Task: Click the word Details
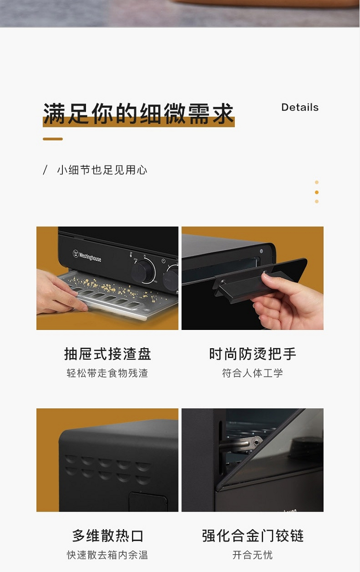point(300,107)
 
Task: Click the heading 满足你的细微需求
point(139,113)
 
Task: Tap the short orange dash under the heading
point(53,139)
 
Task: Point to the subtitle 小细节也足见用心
point(102,170)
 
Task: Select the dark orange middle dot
point(317,192)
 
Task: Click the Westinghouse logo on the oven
point(87,255)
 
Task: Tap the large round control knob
point(144,271)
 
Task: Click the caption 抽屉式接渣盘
point(108,354)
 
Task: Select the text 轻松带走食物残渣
point(107,373)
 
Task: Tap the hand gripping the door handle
point(288,301)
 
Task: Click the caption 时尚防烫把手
point(252,354)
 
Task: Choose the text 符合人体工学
point(252,373)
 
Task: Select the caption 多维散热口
point(108,535)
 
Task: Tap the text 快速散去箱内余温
point(107,555)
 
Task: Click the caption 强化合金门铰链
point(253,535)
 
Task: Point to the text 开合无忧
point(252,555)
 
